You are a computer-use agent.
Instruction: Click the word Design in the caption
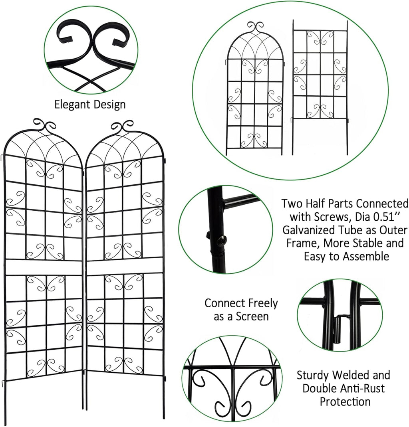(108, 105)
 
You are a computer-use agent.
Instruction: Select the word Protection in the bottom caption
(345, 401)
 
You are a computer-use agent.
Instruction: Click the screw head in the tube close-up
(222, 240)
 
